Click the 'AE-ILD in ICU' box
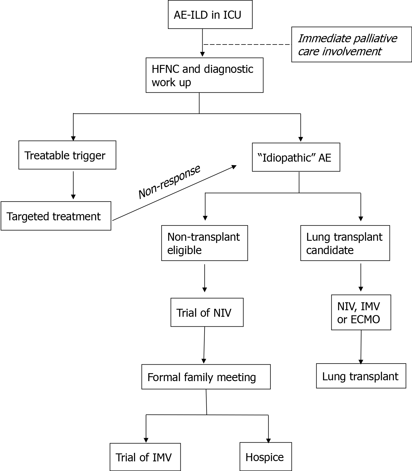[x=210, y=15]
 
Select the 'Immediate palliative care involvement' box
[x=351, y=45]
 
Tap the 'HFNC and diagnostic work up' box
[x=204, y=75]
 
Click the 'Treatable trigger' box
[x=67, y=155]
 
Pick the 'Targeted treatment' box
[x=56, y=216]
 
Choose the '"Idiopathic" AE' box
[x=296, y=157]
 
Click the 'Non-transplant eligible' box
[x=204, y=243]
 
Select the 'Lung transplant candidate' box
[x=345, y=243]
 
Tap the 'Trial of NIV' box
[x=207, y=312]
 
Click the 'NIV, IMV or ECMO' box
[x=361, y=312]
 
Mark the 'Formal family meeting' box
[x=206, y=377]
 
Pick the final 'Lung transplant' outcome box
[x=361, y=376]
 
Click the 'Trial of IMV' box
[x=145, y=457]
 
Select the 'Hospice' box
[x=265, y=457]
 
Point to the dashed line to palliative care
[x=247, y=45]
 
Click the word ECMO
[x=365, y=320]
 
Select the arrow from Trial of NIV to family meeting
[x=204, y=345]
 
